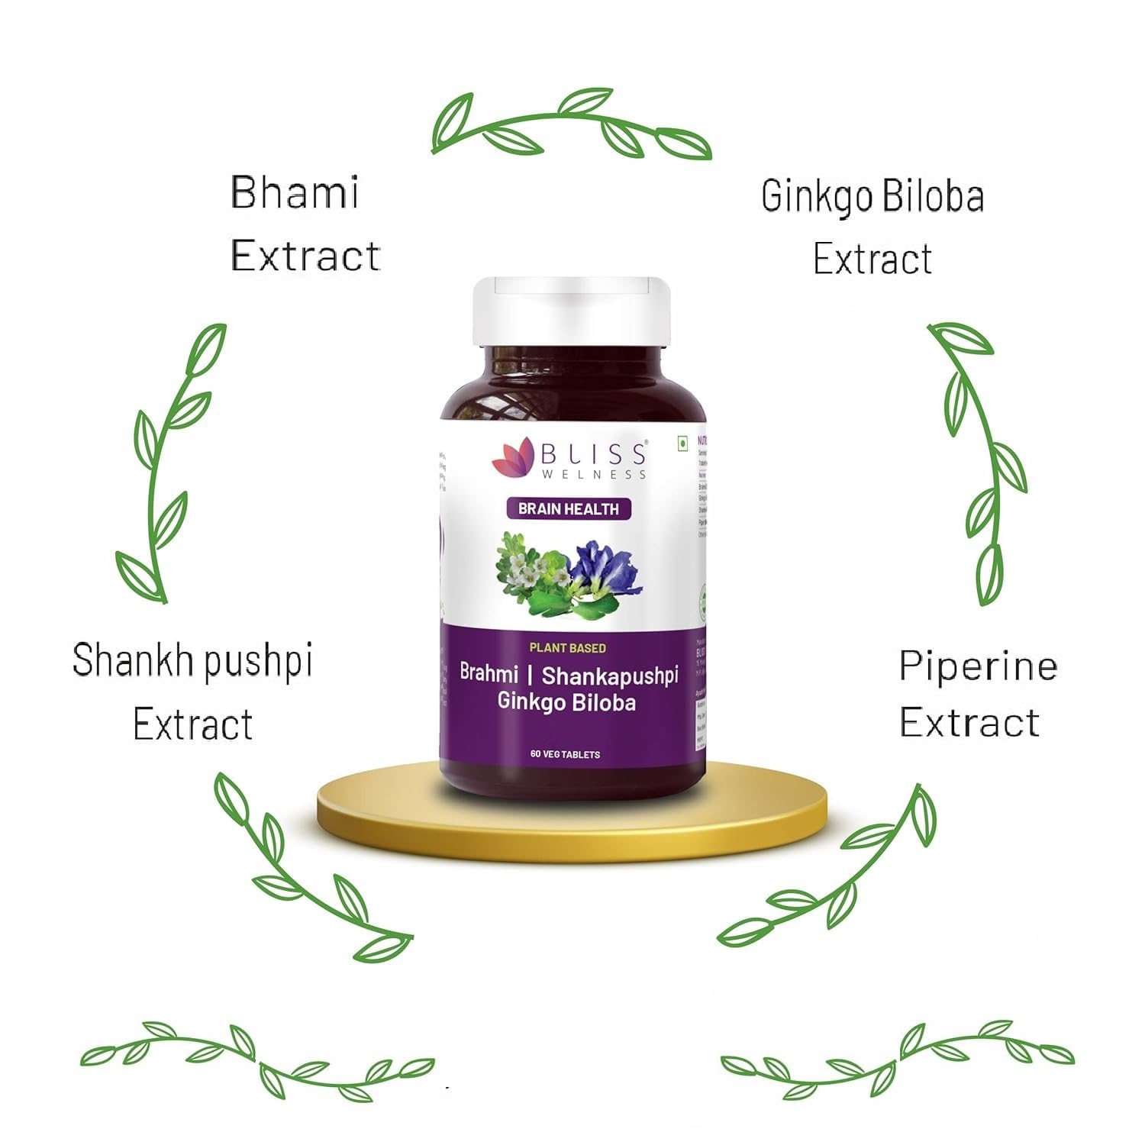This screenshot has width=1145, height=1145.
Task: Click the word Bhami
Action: point(295,192)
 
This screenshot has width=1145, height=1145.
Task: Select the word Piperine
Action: point(978,666)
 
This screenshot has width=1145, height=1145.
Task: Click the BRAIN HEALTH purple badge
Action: point(569,509)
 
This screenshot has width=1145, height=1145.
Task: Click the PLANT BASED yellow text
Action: point(568,648)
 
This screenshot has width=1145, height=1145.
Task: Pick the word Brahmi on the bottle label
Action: point(489,673)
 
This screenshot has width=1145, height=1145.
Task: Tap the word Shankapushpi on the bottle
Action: point(610,676)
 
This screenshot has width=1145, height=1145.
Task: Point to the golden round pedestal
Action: point(572,813)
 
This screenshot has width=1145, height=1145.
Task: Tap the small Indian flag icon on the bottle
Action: point(682,443)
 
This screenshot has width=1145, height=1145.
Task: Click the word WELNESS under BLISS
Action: point(594,474)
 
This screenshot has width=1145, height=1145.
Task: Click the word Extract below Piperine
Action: point(969,722)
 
